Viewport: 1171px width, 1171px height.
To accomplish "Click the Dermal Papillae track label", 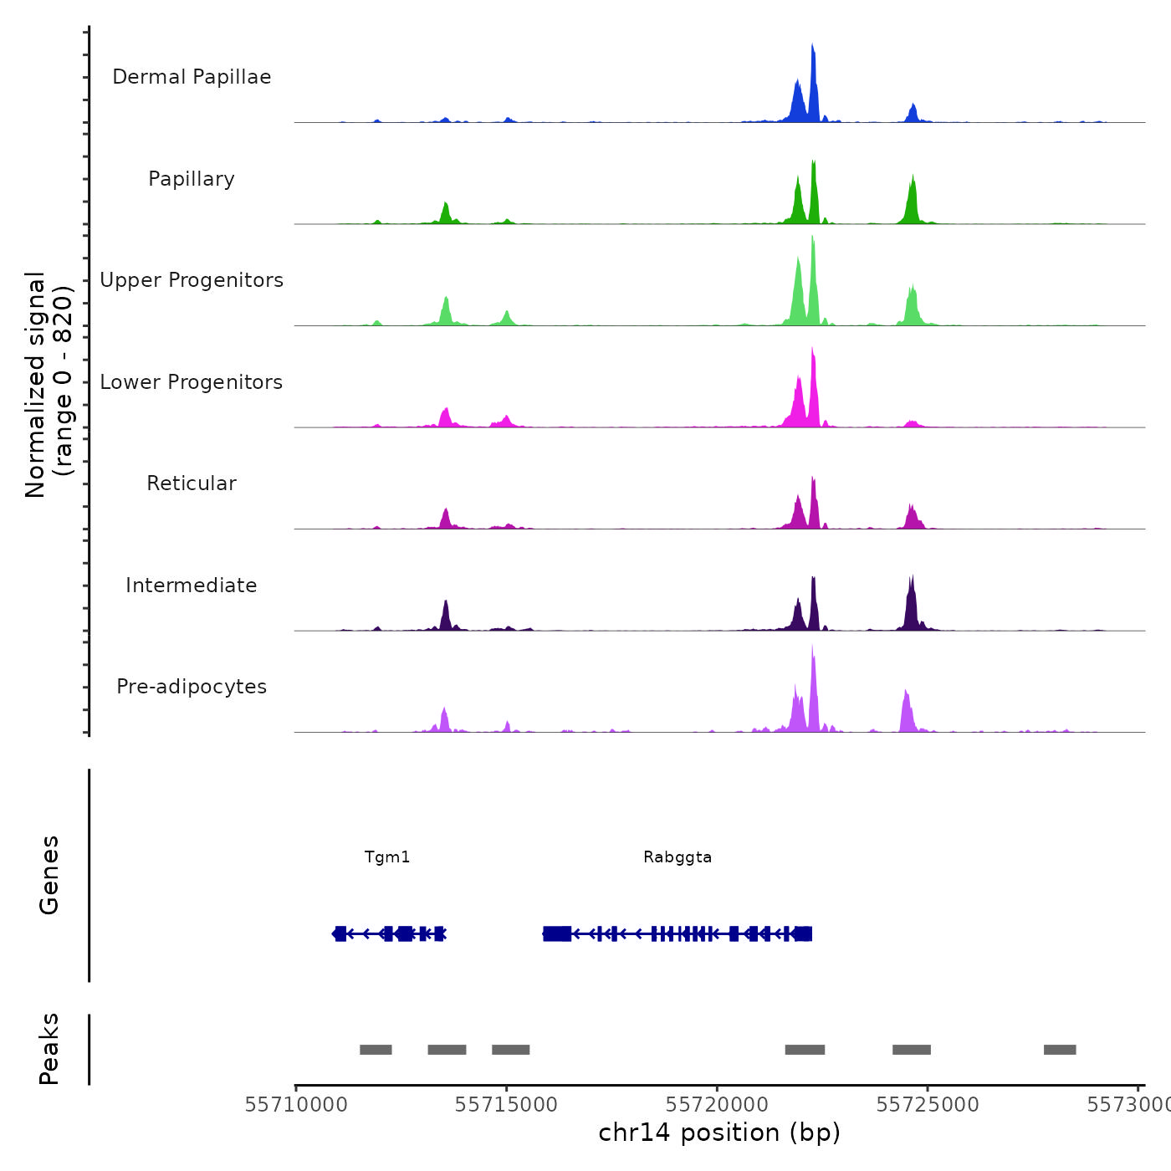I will [192, 77].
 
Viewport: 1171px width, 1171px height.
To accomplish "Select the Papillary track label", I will [192, 179].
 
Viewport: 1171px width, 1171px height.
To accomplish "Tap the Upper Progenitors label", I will [192, 280].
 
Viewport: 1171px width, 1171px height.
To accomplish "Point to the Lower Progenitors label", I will [192, 382].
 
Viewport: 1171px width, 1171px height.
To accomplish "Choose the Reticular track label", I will [192, 483].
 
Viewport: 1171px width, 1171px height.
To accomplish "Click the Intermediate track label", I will [192, 585].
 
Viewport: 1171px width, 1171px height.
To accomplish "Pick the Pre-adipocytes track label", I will [192, 687].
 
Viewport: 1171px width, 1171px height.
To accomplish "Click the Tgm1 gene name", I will [387, 857].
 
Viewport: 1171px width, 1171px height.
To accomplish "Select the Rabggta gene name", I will [678, 857].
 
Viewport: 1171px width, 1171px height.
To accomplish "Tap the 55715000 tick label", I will [506, 1105].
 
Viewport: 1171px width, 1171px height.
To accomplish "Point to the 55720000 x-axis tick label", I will [717, 1105].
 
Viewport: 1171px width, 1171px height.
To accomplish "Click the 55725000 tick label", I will [928, 1105].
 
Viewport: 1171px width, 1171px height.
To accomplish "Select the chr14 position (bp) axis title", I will [719, 1133].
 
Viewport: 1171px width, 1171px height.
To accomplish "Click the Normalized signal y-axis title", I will [49, 384].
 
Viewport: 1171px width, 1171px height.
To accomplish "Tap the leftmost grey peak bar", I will [376, 1050].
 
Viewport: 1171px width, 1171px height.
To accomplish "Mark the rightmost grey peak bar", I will [1060, 1050].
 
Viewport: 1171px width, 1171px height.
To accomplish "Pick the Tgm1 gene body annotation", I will [390, 933].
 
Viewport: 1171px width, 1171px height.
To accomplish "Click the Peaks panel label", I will [49, 1049].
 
